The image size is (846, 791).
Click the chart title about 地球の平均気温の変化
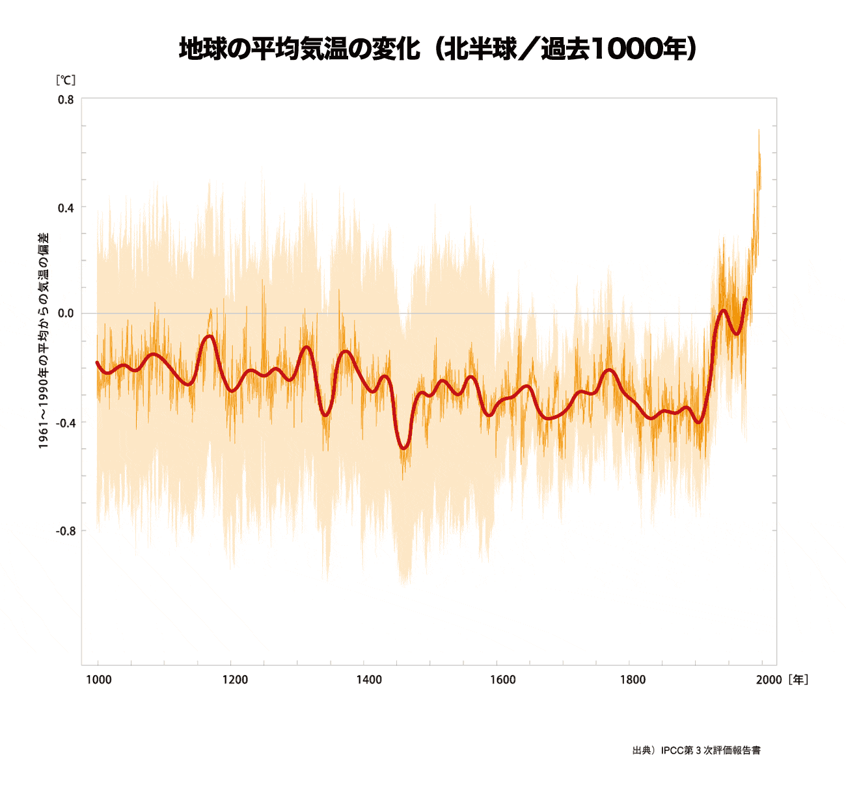[437, 49]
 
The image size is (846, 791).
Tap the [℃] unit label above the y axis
[66, 80]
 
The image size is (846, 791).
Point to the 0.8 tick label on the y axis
[66, 100]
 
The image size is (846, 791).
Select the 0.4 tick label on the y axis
[66, 208]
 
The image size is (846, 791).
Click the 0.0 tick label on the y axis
[66, 314]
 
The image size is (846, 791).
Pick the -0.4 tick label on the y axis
[65, 423]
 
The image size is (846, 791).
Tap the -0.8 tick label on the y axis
[65, 531]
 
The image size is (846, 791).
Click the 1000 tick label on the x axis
[99, 680]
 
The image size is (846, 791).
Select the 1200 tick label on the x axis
[235, 680]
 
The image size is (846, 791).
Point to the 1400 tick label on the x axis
[369, 680]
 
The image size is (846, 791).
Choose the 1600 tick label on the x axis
[502, 680]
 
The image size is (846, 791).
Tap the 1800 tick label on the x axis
[633, 680]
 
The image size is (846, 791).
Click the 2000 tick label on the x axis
[769, 680]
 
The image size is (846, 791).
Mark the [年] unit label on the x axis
[798, 680]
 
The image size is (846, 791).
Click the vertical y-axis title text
[43, 340]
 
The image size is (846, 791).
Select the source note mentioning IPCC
[696, 750]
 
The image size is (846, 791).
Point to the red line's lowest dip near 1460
[404, 448]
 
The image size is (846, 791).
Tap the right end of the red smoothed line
[746, 299]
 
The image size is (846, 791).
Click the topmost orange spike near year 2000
[759, 130]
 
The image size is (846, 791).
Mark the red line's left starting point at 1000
[97, 362]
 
